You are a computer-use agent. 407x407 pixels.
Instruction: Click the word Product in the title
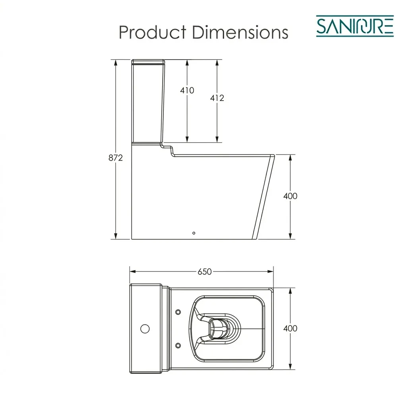click(x=153, y=33)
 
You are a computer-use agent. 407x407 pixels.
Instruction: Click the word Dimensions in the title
click(x=240, y=33)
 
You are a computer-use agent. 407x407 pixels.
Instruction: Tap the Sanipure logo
click(x=355, y=26)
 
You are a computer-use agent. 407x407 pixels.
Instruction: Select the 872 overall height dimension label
click(x=116, y=157)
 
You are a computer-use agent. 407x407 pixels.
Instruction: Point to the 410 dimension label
click(x=187, y=90)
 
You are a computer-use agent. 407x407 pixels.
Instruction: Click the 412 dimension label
click(x=217, y=98)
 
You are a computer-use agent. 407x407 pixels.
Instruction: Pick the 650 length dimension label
click(x=205, y=272)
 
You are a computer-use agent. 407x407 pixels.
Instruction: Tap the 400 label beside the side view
click(x=290, y=196)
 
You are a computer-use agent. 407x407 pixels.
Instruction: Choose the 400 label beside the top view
click(x=290, y=328)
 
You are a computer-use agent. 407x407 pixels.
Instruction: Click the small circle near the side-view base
click(x=194, y=233)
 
